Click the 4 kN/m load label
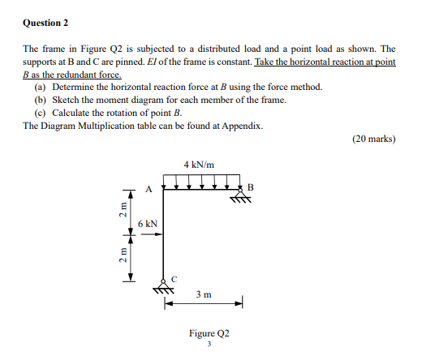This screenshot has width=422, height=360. [x=200, y=164]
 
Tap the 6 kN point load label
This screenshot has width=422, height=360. [x=147, y=223]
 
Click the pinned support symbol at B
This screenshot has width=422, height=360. [x=241, y=195]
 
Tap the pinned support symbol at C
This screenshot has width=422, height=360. [x=165, y=288]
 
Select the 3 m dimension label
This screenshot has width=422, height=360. [x=204, y=295]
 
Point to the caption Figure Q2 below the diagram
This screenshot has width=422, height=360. [x=209, y=333]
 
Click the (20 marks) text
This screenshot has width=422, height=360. [x=374, y=139]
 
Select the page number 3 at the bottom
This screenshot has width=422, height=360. [x=209, y=344]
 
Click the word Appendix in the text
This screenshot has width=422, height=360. [x=241, y=126]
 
